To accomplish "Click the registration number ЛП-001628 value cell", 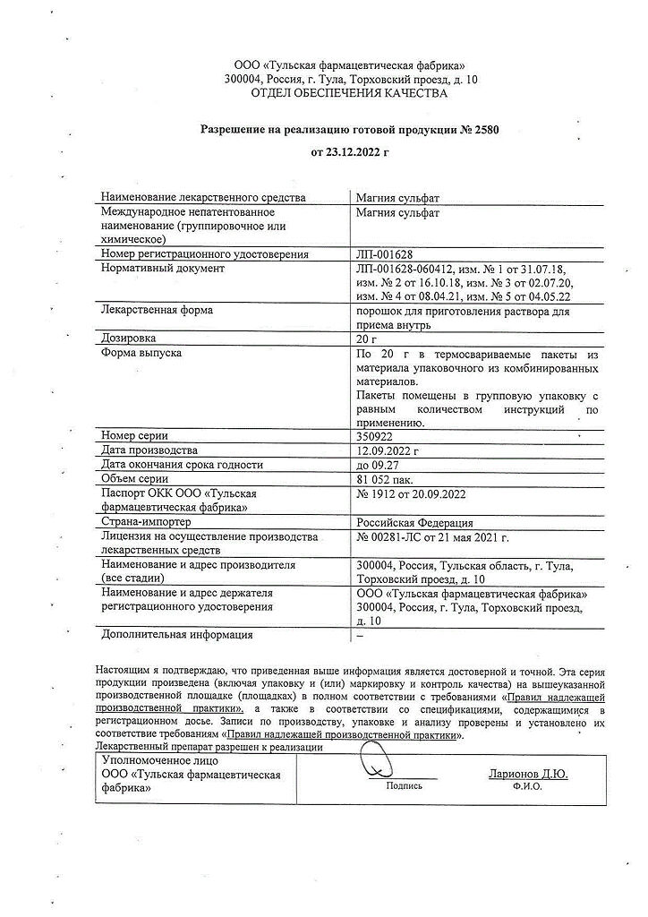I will click(x=384, y=254).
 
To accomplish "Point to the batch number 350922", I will click(x=374, y=435).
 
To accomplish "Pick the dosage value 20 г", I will click(x=367, y=339).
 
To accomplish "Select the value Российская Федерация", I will click(x=414, y=523).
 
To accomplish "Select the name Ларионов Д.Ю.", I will click(x=527, y=773).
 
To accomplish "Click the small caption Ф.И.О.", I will click(x=527, y=787).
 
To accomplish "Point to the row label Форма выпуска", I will click(x=141, y=354).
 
